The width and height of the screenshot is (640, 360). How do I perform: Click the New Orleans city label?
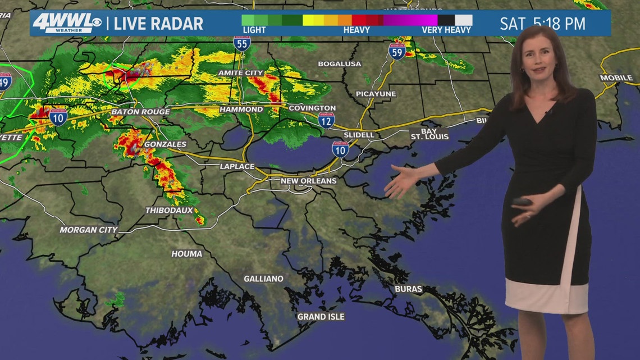308,181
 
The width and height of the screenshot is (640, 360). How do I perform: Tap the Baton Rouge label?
140,112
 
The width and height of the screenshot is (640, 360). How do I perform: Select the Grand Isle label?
321,317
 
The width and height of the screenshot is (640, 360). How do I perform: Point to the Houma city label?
186,254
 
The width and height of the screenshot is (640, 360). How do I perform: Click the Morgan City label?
89,230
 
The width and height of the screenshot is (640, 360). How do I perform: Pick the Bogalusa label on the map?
339,64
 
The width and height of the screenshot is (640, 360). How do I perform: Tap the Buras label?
408,289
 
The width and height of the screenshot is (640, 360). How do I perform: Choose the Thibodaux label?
169,210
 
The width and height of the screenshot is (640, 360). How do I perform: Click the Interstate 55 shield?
242,43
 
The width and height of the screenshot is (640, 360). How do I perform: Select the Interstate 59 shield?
396,51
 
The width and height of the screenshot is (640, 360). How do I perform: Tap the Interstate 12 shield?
326,120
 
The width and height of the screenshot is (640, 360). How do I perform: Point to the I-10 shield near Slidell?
340,148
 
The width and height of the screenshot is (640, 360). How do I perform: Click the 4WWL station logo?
66,23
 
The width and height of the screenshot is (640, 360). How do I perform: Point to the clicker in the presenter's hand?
522,201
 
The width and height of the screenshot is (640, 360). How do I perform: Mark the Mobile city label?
616,78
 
